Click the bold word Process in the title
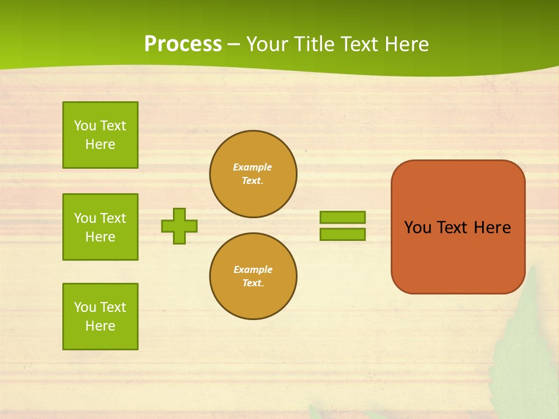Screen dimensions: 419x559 point(183,44)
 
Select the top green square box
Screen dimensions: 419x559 point(100,135)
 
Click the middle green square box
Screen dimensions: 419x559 point(100,227)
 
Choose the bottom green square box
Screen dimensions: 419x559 point(100,317)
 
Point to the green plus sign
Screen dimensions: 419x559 point(179,226)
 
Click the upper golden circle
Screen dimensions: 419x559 point(253,174)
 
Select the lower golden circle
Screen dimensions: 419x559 point(253,276)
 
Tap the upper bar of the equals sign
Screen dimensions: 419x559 point(342,217)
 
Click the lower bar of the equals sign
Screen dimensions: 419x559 point(342,235)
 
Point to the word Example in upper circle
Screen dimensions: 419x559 point(253,167)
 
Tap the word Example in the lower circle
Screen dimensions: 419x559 point(253,269)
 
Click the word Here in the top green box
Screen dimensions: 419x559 point(100,144)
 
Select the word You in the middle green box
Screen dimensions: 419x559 point(84,218)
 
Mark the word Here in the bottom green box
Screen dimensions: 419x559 point(100,326)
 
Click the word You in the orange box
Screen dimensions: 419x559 point(418,228)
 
